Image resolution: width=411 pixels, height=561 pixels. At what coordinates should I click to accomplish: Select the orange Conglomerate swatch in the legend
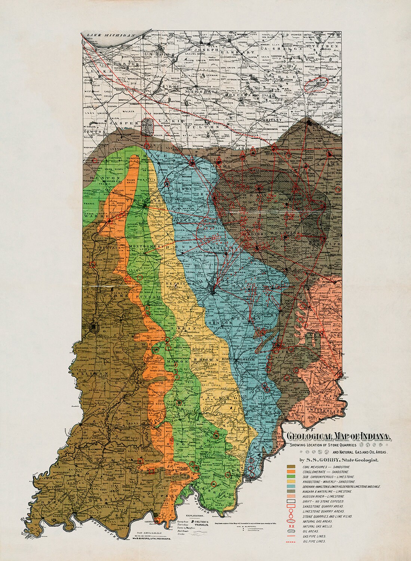pos(291,472)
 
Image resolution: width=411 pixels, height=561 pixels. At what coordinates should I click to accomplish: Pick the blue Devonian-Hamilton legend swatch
pos(291,487)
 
